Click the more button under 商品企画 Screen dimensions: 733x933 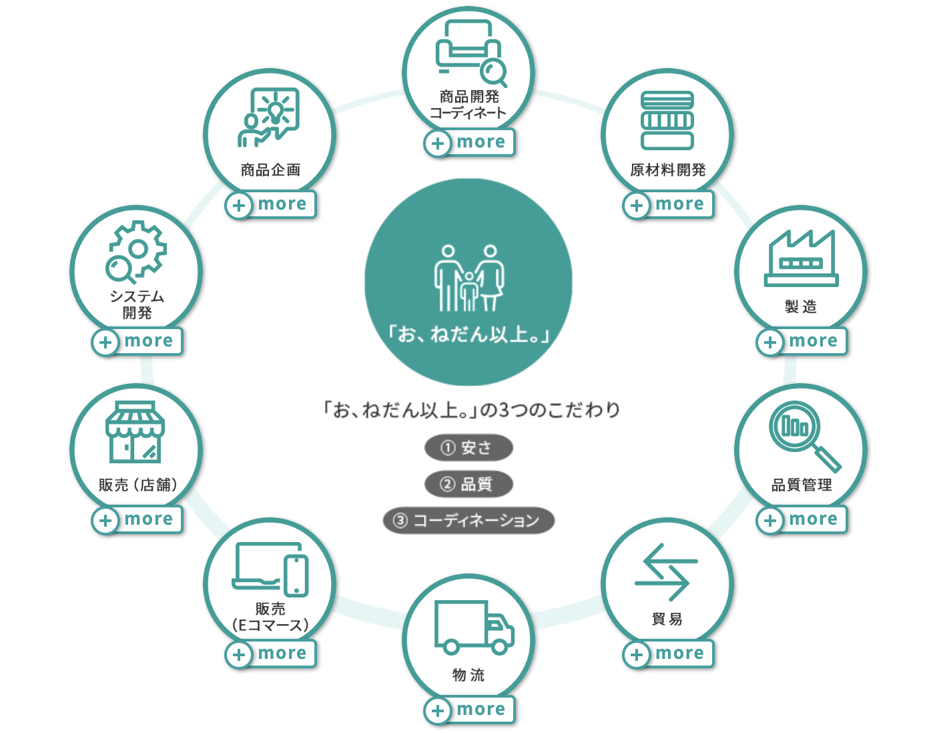271,204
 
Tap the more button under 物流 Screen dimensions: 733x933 470,710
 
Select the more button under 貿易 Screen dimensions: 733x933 669,654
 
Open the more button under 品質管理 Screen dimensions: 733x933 802,519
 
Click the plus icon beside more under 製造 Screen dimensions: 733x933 770,342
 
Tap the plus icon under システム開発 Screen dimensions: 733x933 105,342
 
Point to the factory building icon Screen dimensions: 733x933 801,258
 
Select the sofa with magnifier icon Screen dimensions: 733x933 471,53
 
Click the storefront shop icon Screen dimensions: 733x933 135,432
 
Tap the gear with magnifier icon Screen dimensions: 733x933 136,252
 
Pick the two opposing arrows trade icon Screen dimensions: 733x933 666,572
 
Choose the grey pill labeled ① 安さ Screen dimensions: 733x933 469,448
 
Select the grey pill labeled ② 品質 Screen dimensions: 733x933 469,484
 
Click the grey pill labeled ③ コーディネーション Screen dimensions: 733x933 469,521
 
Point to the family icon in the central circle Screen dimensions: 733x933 469,278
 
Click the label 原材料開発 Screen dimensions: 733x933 667,170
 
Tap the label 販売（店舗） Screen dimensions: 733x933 138,485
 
